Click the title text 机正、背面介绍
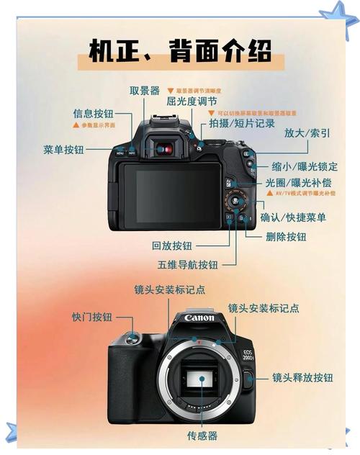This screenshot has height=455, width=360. point(180,51)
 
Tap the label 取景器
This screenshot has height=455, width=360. point(145,91)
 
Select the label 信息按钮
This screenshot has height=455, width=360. point(93,114)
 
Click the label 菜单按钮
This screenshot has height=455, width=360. point(63,149)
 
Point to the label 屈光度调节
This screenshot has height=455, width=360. point(192,102)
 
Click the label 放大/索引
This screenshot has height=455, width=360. point(307,133)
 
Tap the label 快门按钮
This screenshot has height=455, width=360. point(91,317)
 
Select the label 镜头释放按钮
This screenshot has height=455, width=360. point(302,377)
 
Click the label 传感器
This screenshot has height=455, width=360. point(202,436)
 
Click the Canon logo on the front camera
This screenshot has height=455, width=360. point(199,317)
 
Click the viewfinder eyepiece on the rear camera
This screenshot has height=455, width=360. point(165,149)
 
